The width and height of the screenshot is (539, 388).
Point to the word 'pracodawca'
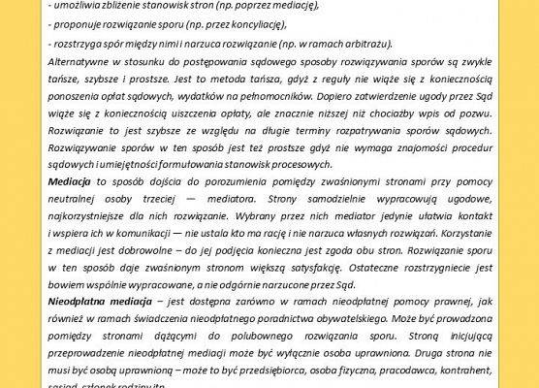point(380,366)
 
